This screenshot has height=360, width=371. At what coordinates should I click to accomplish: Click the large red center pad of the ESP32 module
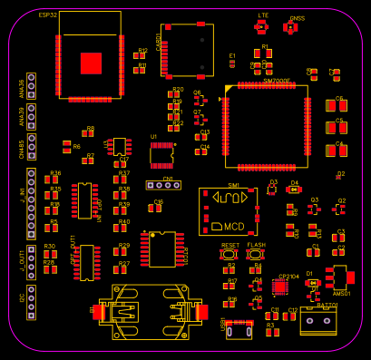point(91,63)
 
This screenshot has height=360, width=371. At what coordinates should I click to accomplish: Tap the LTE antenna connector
point(263,27)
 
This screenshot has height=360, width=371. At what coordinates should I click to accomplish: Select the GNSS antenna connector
point(290,28)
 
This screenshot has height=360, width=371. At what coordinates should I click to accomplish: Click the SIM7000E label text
point(277,82)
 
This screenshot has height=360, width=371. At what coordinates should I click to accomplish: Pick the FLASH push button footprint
point(256,256)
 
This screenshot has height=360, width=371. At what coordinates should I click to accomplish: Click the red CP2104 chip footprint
point(280,287)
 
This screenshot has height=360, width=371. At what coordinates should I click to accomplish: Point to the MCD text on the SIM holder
point(233,225)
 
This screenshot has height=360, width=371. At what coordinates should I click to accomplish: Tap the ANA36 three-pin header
point(31,86)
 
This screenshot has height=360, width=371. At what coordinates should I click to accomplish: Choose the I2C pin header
point(31,297)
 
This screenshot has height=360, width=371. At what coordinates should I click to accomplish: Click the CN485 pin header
point(31,144)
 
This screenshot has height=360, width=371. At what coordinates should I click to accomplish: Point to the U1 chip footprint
point(161,155)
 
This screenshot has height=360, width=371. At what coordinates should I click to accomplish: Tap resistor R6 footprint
point(66,146)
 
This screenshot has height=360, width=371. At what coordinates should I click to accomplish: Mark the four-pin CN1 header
point(162,187)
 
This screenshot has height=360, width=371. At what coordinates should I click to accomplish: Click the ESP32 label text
point(48,15)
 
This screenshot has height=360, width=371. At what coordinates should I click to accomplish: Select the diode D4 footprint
point(294,190)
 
